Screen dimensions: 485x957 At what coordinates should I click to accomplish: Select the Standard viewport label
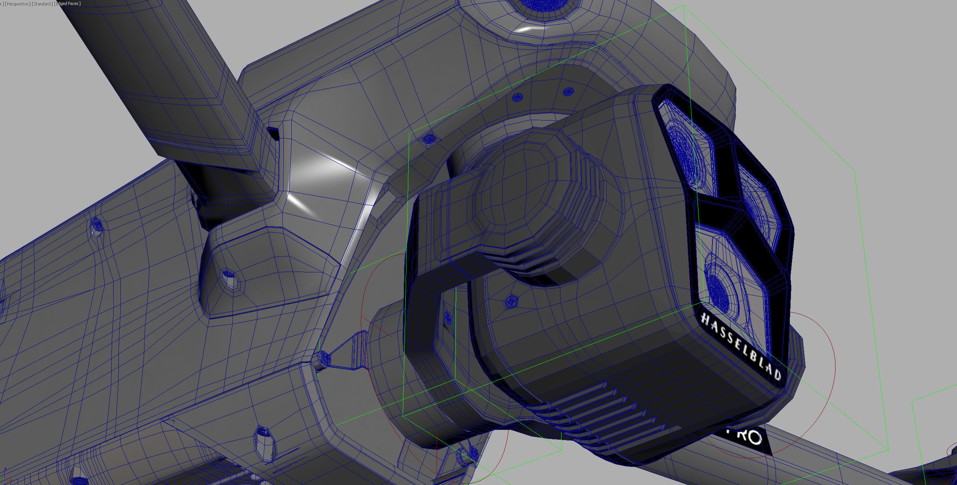coord(42,3)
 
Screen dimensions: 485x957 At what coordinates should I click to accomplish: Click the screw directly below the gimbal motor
coord(511,301)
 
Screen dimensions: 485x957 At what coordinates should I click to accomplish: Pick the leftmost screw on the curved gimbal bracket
coord(429,139)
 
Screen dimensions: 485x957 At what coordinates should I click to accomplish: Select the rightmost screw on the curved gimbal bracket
coord(568,91)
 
